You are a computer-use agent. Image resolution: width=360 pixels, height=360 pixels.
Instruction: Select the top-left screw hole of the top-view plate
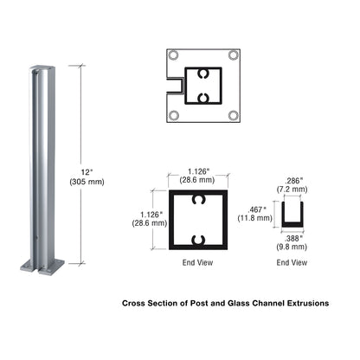(173, 55)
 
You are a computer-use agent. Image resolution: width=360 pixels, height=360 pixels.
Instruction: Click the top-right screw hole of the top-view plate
(233, 55)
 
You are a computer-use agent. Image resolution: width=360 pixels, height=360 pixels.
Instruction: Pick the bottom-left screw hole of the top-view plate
(173, 115)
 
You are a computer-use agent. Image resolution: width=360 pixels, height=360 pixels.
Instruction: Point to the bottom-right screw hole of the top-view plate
(233, 115)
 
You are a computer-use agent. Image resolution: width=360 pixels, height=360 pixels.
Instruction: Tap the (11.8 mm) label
(257, 220)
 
